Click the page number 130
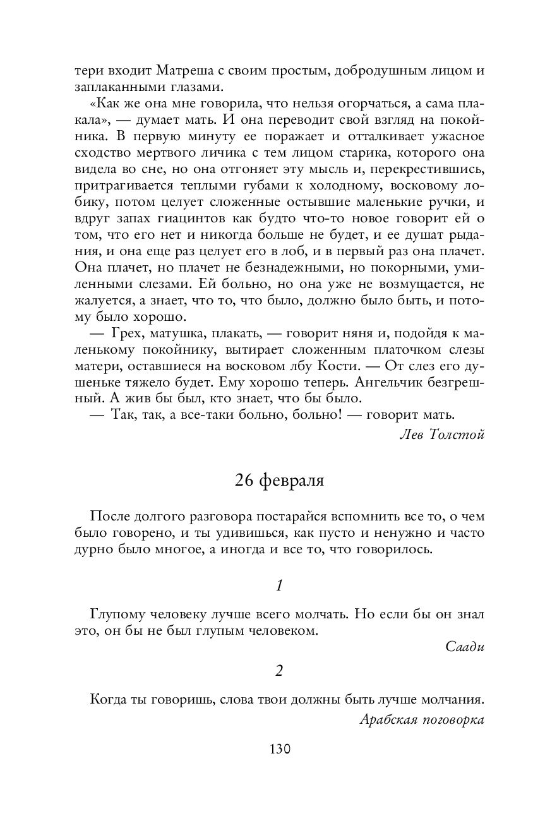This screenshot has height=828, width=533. tap(279, 749)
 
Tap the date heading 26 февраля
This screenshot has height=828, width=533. tap(279, 481)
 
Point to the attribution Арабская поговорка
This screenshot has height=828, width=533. tap(421, 719)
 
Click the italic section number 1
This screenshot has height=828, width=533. tap(279, 585)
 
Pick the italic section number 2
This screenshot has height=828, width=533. tap(279, 671)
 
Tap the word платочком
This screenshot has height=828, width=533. tap(367, 349)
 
